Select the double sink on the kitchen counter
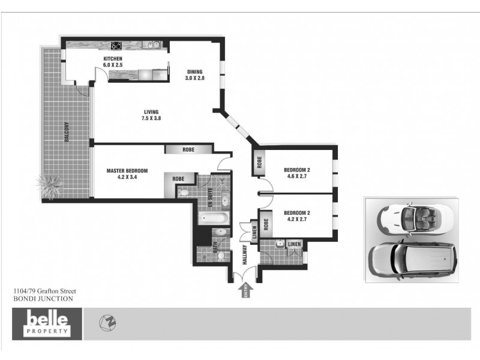[x=154, y=44]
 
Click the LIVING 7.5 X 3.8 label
[x=152, y=115]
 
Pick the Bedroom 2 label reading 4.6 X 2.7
[x=298, y=173]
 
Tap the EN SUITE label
[x=211, y=197]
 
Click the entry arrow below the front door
[x=245, y=291]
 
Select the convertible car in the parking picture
[x=413, y=217]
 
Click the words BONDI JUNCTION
[x=43, y=298]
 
